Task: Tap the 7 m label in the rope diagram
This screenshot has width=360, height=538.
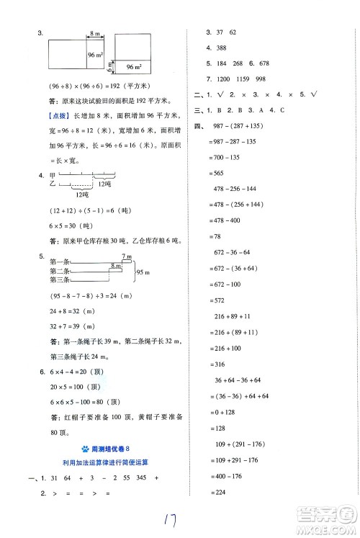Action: click(x=127, y=256)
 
